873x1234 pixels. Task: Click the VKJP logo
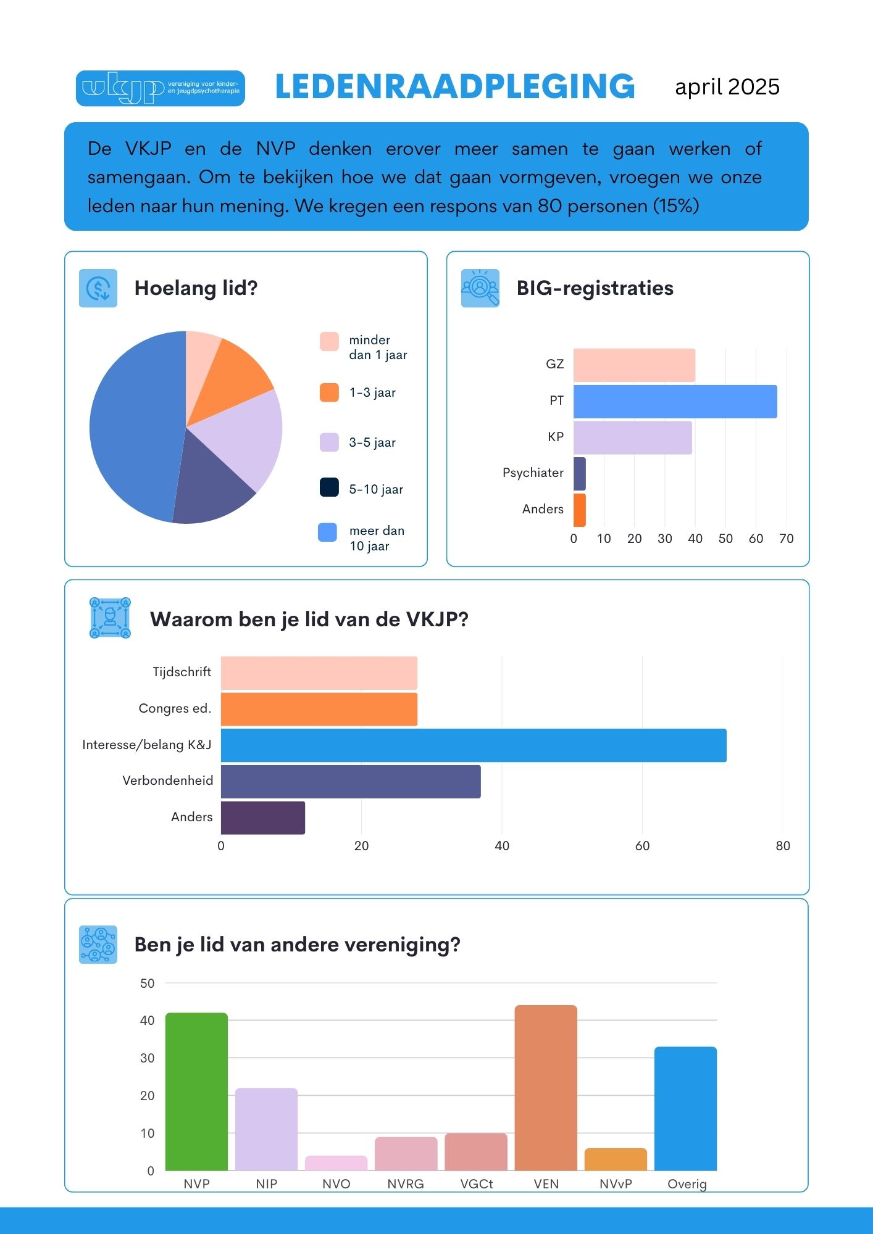160,88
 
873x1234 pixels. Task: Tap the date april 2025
727,87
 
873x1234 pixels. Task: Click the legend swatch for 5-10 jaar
329,487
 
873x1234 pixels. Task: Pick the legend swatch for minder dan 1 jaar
329,341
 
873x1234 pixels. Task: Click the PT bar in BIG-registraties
675,402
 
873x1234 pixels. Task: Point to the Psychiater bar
580,474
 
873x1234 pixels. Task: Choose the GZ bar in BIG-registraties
634,365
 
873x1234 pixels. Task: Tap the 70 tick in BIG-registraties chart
786,539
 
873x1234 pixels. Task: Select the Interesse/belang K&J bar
473,745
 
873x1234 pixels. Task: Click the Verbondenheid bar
350,782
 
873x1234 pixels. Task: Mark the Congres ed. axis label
175,708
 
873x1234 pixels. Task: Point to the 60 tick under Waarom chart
642,846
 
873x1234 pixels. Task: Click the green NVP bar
196,1091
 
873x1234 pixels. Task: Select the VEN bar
546,1088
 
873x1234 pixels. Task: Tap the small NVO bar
336,1163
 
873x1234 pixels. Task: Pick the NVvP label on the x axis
616,1184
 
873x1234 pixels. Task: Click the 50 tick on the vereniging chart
147,983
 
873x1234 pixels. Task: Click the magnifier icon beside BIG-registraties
480,288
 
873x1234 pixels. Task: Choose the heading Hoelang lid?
196,288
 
